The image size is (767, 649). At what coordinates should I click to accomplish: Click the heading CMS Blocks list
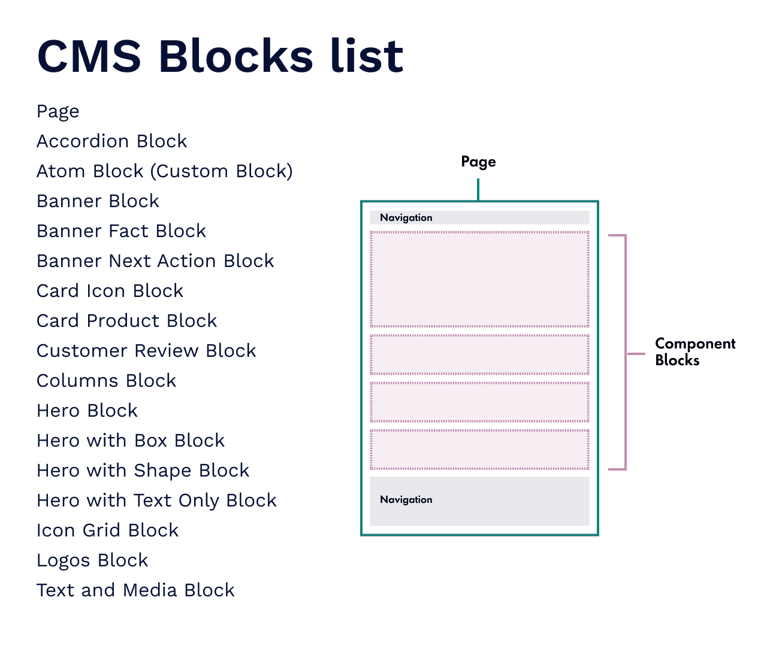(x=220, y=56)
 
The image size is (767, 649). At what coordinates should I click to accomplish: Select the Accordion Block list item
(x=111, y=141)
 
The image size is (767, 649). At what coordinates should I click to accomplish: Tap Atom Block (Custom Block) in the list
(x=164, y=171)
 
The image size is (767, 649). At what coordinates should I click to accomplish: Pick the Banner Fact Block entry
(x=121, y=231)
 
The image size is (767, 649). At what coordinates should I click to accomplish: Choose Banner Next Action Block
(x=155, y=261)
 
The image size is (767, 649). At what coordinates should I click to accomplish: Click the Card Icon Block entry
(x=110, y=291)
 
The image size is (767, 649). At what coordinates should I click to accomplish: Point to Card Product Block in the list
(x=126, y=321)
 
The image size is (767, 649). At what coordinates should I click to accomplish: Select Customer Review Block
(x=146, y=351)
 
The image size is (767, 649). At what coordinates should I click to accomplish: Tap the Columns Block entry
(x=106, y=381)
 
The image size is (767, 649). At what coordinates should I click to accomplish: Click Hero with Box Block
(x=131, y=441)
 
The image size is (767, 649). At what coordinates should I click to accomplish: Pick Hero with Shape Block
(x=143, y=471)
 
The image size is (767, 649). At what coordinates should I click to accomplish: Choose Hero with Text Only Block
(x=156, y=501)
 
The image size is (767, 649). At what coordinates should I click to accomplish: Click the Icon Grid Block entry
(x=107, y=530)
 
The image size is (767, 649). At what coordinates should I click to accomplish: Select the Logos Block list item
(x=92, y=560)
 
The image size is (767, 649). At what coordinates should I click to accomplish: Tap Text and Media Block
(x=135, y=590)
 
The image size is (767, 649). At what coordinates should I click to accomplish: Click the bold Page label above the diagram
(x=478, y=162)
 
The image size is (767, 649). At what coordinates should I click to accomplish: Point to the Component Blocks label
(x=694, y=351)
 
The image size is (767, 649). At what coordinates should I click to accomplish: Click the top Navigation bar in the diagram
(x=479, y=217)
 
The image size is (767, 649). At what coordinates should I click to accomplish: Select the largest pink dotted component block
(x=479, y=279)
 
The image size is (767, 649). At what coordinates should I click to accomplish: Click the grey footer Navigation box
(x=479, y=501)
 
